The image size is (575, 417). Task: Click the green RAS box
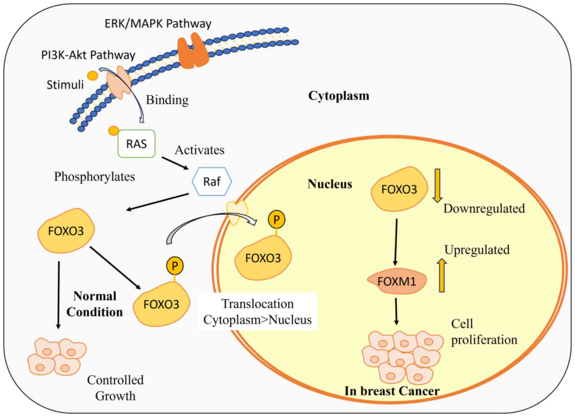pos(136,144)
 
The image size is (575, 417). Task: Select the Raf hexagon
pos(212,181)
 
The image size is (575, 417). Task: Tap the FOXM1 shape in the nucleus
pos(396,281)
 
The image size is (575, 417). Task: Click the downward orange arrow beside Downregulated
pos(437,185)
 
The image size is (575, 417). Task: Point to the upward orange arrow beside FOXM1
pos(441,276)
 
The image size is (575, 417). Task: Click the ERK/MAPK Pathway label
pos(158,24)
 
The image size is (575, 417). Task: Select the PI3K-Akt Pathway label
pos(88,55)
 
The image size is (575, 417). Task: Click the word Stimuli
pos(65,85)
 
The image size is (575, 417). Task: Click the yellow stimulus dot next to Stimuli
pos(93,76)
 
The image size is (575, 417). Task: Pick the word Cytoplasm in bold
pos(339,96)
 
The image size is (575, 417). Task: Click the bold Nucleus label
pos(330,184)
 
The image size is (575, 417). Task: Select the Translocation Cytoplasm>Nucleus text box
pos(258,312)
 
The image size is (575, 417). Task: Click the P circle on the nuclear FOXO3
pos(276,219)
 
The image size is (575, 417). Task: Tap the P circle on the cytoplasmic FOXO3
pos(175,266)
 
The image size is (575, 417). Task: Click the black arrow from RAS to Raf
pos(175,163)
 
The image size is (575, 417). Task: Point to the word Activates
pos(199,150)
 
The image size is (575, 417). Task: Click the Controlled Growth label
pos(115,388)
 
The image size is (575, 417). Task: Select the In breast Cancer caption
pos(392,391)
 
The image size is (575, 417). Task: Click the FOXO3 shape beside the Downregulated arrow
pos(399,189)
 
